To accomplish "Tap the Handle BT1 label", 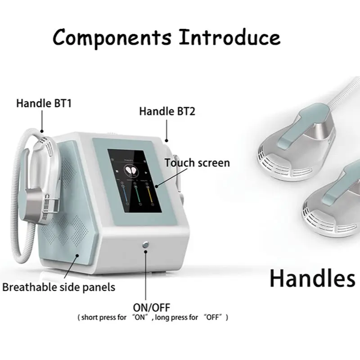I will click(44, 103).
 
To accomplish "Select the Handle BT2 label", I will click(167, 111).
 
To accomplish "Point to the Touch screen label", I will click(197, 162).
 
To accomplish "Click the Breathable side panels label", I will click(58, 287).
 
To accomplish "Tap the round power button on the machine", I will click(145, 244).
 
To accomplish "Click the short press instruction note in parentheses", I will click(153, 318).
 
